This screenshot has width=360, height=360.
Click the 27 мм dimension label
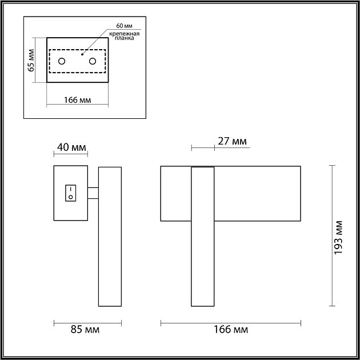coord(233,141)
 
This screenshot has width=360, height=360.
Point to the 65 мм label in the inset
coord(31,59)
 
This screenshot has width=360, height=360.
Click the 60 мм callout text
coord(124,26)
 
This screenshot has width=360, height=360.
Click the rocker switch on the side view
coord(70,193)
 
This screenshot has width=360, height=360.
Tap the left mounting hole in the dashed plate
coord(62,61)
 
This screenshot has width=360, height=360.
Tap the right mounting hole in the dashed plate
coord(93,61)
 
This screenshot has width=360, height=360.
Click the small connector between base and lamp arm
coord(93,193)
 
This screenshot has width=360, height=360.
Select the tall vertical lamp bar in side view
coord(110,237)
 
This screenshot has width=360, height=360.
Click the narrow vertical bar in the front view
coord(203,237)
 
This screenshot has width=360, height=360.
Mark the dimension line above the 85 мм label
coord(87,323)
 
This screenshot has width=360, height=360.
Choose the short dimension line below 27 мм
coord(203,147)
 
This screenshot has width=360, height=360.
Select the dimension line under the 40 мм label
coord(70,154)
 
